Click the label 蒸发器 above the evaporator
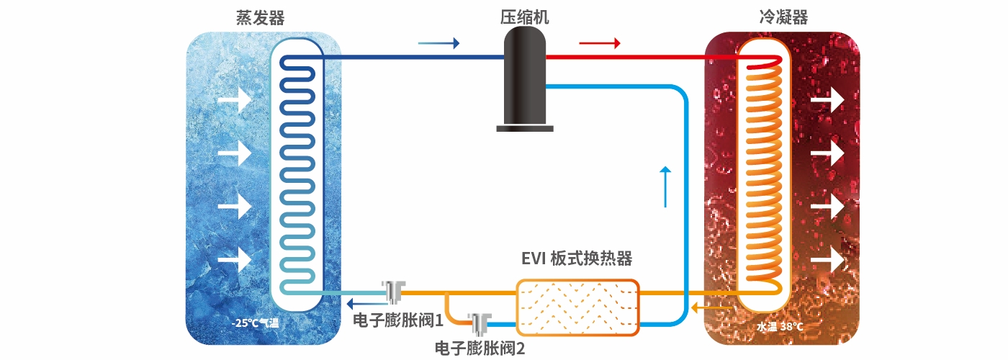point(255,17)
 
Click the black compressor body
point(525,76)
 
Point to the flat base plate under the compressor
point(526,128)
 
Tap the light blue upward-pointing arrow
point(666,186)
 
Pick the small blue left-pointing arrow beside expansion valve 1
point(364,302)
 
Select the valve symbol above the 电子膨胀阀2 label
point(480,323)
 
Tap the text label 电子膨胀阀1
point(397,318)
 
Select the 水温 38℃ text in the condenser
point(780,326)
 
